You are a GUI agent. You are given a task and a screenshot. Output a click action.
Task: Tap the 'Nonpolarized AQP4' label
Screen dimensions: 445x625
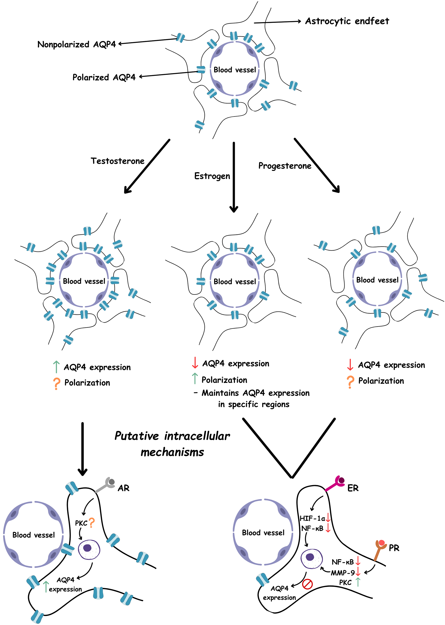(76, 44)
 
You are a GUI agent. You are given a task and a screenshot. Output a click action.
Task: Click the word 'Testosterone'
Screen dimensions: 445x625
(118, 161)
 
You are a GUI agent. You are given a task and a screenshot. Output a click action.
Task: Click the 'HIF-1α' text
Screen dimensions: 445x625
(312, 519)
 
